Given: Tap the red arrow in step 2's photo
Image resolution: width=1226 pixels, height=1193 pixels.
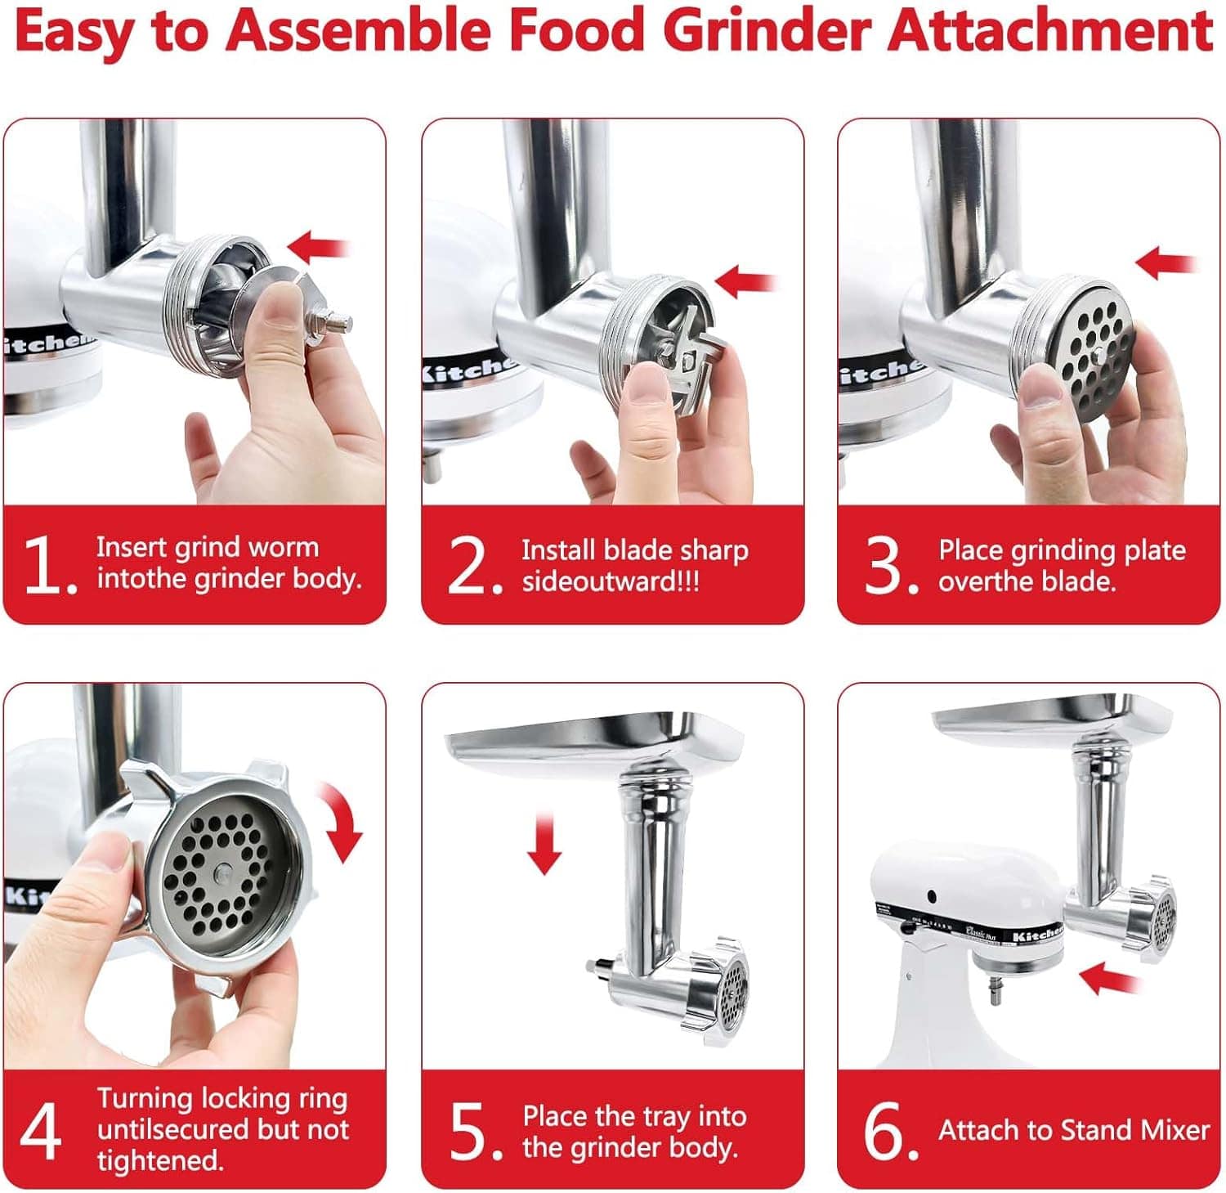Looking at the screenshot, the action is click(746, 280).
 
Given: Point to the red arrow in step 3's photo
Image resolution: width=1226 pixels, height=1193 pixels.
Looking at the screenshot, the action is click(1166, 264).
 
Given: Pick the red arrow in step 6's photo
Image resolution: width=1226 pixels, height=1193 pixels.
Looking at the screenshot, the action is click(1110, 977).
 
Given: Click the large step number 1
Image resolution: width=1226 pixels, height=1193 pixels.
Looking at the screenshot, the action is click(48, 563).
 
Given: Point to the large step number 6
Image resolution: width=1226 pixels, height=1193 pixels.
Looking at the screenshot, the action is click(889, 1131).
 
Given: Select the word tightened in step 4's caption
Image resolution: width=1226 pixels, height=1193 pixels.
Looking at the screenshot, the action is click(159, 1160).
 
